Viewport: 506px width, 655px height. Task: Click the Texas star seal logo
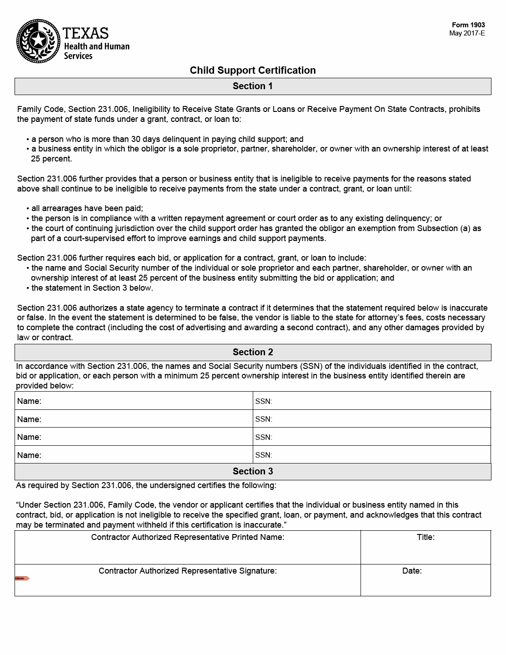click(x=38, y=42)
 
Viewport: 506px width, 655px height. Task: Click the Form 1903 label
click(x=468, y=25)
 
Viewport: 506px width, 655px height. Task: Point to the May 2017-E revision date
click(x=467, y=33)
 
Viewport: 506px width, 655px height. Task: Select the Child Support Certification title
click(x=253, y=71)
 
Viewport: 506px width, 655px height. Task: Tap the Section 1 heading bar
click(x=253, y=86)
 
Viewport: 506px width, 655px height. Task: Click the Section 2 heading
click(x=253, y=352)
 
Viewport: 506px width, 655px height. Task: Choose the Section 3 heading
click(x=253, y=471)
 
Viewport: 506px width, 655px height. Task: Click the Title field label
click(x=426, y=537)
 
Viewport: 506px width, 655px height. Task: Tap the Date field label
click(x=412, y=571)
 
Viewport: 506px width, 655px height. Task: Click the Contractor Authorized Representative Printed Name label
click(x=187, y=537)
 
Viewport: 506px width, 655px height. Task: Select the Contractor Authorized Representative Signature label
click(x=187, y=571)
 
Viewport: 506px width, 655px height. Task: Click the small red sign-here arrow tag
click(x=22, y=579)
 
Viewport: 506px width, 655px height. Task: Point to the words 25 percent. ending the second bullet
click(x=51, y=159)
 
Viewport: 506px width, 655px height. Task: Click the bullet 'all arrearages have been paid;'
click(x=87, y=208)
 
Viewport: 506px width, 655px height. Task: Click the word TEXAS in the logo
click(x=85, y=33)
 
